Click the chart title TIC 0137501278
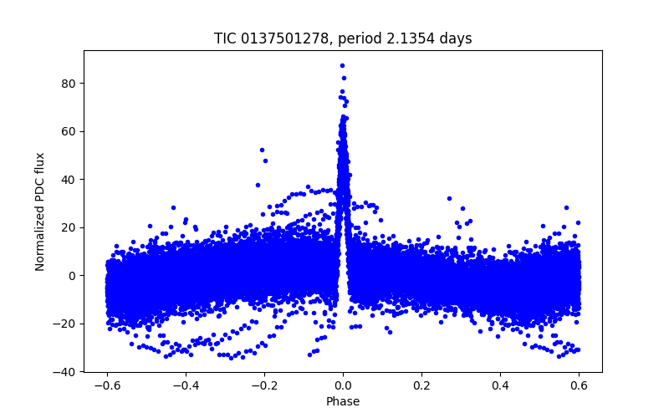point(272,38)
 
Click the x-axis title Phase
point(343,401)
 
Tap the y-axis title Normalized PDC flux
point(40,211)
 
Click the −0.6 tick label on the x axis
point(107,385)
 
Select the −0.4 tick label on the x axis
point(186,385)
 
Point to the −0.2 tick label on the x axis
point(264,385)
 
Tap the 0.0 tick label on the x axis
point(343,385)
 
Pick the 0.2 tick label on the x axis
point(421,385)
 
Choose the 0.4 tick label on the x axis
point(500,385)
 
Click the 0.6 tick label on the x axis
point(579,385)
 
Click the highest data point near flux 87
point(342,65)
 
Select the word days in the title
point(456,38)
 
